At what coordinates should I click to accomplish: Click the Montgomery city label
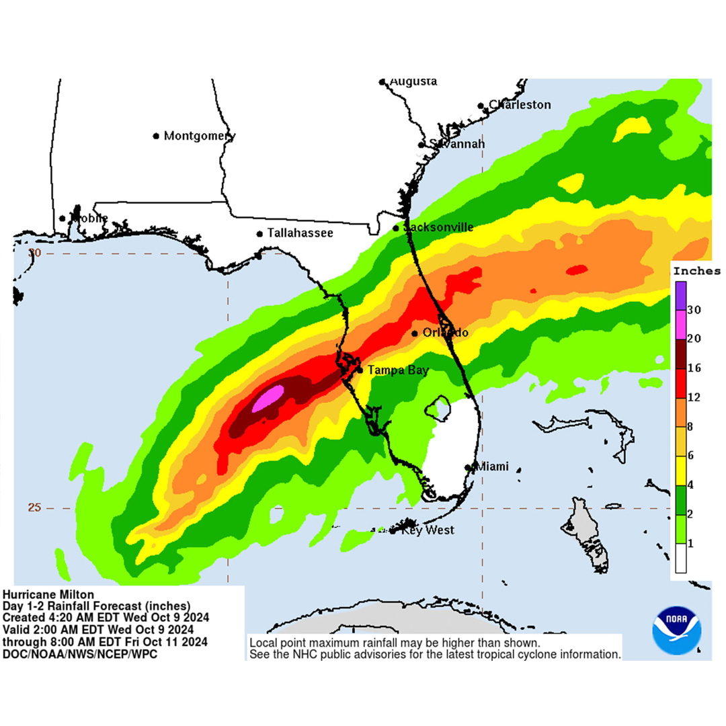(200, 136)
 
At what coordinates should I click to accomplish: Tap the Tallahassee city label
(300, 233)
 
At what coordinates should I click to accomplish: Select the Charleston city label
(520, 105)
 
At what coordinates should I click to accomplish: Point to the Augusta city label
(413, 81)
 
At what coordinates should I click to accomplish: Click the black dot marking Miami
(469, 467)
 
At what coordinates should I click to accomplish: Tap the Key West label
(428, 530)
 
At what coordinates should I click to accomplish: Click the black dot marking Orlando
(414, 333)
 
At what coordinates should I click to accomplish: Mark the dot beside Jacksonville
(396, 228)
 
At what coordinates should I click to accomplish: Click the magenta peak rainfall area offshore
(268, 398)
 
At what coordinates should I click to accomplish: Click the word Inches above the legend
(697, 272)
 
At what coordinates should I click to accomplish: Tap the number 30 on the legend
(694, 310)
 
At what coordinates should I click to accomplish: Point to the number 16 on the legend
(694, 368)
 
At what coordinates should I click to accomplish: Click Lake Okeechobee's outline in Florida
(439, 407)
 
